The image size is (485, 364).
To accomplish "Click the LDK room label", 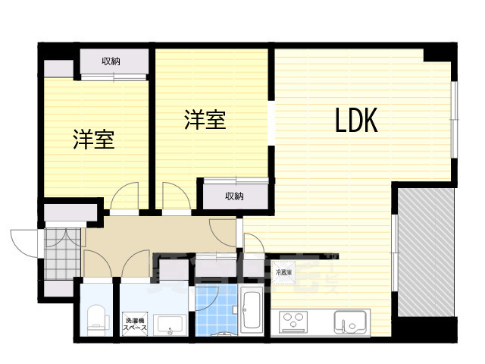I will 356,121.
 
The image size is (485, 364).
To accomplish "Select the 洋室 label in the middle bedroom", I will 205,121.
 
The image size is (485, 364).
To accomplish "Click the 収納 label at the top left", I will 112,61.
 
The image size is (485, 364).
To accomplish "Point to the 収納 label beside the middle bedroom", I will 234,196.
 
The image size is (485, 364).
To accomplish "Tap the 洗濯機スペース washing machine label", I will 135,322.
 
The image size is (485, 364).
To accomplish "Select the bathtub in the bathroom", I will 251,310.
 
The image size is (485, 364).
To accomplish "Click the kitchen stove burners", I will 295,322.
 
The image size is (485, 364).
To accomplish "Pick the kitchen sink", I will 350,325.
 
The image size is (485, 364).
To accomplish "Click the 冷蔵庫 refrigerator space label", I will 283,271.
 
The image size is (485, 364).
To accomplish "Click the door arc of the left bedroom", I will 123,199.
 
